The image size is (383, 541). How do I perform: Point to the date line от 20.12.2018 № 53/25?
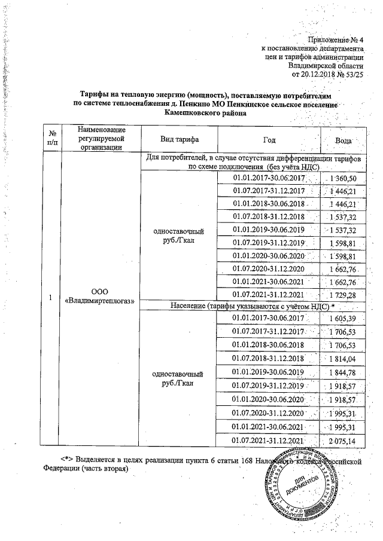[327, 74]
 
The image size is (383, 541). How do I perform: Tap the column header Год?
[269, 139]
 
